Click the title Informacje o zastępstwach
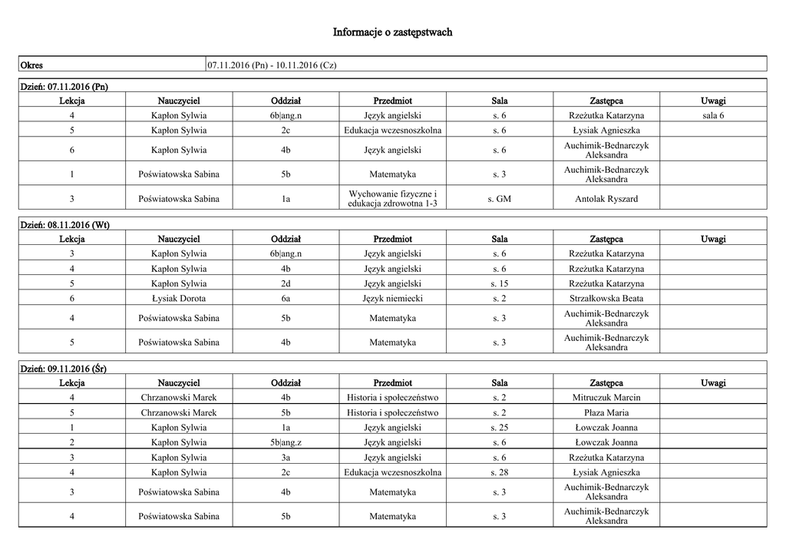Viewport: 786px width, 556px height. point(392,32)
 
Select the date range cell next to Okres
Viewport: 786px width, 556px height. point(272,65)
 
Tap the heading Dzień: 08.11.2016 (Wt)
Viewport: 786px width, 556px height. point(64,225)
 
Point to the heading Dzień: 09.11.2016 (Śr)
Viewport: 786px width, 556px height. point(63,369)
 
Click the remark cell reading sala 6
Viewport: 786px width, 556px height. point(712,115)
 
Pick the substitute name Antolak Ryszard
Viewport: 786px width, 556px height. point(606,199)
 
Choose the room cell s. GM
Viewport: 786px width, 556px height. point(499,199)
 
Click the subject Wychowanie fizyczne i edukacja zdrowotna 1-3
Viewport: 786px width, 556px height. point(392,198)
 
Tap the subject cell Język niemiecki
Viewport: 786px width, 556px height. point(392,298)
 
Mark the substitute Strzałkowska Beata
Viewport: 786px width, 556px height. point(606,298)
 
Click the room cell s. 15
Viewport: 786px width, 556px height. point(499,283)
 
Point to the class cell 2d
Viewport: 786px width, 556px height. point(286,283)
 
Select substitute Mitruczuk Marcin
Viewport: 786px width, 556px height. point(606,398)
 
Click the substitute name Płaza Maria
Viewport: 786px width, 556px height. point(606,412)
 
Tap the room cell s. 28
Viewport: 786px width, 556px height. point(499,472)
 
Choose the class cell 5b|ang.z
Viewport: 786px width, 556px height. point(286,442)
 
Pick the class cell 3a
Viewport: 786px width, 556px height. point(286,458)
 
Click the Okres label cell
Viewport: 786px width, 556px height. point(31,65)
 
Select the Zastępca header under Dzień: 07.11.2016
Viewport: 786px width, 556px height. point(606,101)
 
